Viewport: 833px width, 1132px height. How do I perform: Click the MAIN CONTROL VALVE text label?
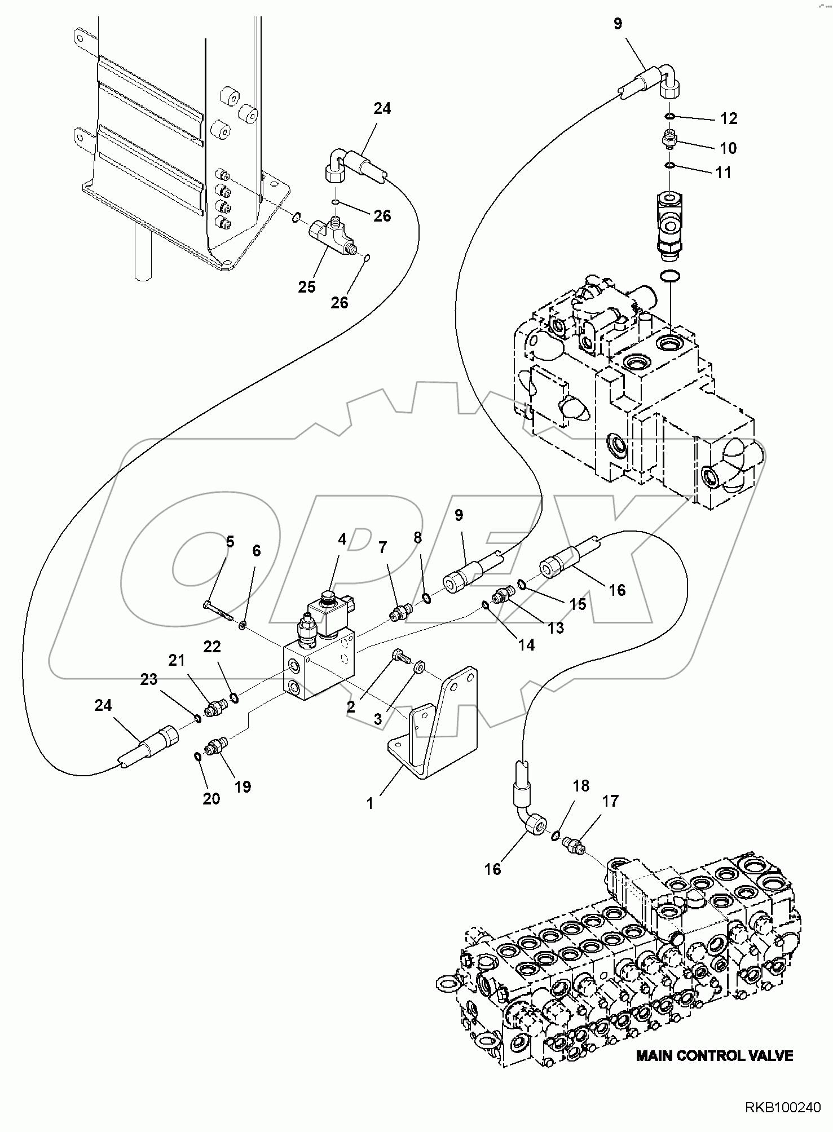coord(714,1056)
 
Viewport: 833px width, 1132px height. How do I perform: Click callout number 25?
coord(307,287)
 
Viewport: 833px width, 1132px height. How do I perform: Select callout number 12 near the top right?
coord(729,118)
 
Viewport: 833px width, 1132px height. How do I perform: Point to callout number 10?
coord(728,148)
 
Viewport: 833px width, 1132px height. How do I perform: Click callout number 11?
coord(724,173)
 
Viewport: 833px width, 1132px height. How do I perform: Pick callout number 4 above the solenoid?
coord(342,540)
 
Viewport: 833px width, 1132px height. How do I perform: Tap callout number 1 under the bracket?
coord(370,804)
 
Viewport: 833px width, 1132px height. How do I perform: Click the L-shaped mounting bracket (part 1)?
coord(434,727)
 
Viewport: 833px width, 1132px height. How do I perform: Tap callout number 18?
coord(581,786)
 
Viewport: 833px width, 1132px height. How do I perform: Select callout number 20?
coord(211,798)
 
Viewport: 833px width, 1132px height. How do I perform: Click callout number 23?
coord(149,680)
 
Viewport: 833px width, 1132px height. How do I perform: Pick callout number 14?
coord(526,644)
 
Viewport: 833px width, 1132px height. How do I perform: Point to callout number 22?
coord(212,647)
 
